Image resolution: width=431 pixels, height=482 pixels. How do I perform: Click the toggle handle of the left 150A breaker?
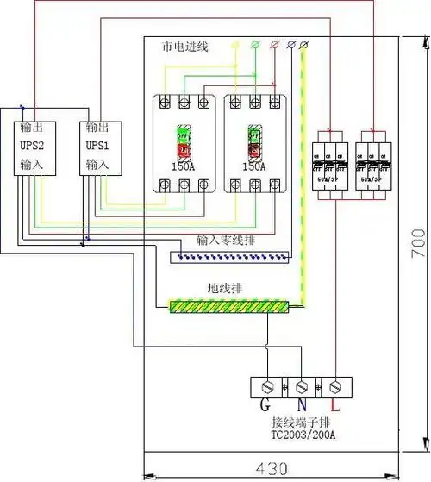point(183,141)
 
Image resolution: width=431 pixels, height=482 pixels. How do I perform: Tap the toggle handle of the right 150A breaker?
point(253,141)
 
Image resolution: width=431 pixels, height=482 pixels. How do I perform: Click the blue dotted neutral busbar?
point(228,255)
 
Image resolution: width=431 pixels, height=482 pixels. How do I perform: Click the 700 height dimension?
point(418,247)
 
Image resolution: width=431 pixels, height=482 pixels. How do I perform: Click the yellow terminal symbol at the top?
point(236,43)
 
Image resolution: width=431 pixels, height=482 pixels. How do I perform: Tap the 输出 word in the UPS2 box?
point(30,127)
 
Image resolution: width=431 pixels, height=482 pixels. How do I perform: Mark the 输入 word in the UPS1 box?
point(96,163)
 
